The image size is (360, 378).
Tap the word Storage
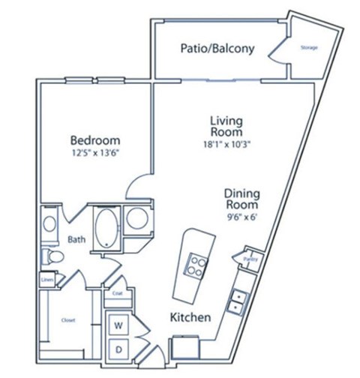(x=308, y=48)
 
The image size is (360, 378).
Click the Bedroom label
(x=95, y=139)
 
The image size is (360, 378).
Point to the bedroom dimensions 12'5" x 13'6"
(x=95, y=155)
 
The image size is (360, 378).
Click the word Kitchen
(x=189, y=317)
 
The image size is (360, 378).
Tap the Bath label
(x=76, y=241)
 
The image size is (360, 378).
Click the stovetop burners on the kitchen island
(x=196, y=265)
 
